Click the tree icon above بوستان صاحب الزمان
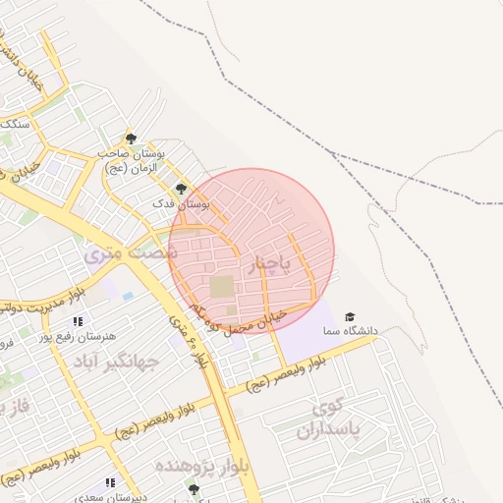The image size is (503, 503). [131, 139]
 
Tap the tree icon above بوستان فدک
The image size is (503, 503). [180, 188]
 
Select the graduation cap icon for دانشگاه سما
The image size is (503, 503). [350, 316]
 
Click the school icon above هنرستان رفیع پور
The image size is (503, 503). [77, 321]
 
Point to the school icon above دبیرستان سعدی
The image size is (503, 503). [110, 482]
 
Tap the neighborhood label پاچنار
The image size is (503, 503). [272, 264]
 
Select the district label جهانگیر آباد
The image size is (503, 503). [117, 362]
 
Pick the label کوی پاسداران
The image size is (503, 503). [336, 419]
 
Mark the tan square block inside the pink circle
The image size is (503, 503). [223, 288]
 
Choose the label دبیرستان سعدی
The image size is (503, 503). [115, 497]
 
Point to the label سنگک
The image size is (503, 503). [14, 124]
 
